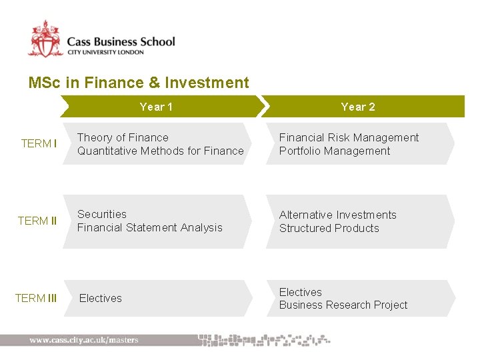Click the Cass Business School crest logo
(x=45, y=39)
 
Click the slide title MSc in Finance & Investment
(x=139, y=83)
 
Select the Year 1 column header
(x=156, y=107)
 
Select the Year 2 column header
(x=358, y=107)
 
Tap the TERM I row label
(x=39, y=143)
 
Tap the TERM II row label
(x=37, y=221)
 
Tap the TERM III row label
(x=36, y=298)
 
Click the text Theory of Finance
(x=123, y=137)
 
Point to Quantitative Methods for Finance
(x=160, y=151)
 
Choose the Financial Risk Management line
(x=349, y=137)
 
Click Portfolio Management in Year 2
(x=335, y=151)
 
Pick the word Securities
(x=101, y=214)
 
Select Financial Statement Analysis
(x=149, y=227)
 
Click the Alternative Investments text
(x=337, y=215)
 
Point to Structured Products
(x=329, y=228)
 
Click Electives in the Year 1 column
(x=101, y=298)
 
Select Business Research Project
(x=343, y=305)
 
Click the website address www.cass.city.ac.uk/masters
(x=84, y=340)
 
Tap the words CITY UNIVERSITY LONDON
(x=105, y=52)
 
